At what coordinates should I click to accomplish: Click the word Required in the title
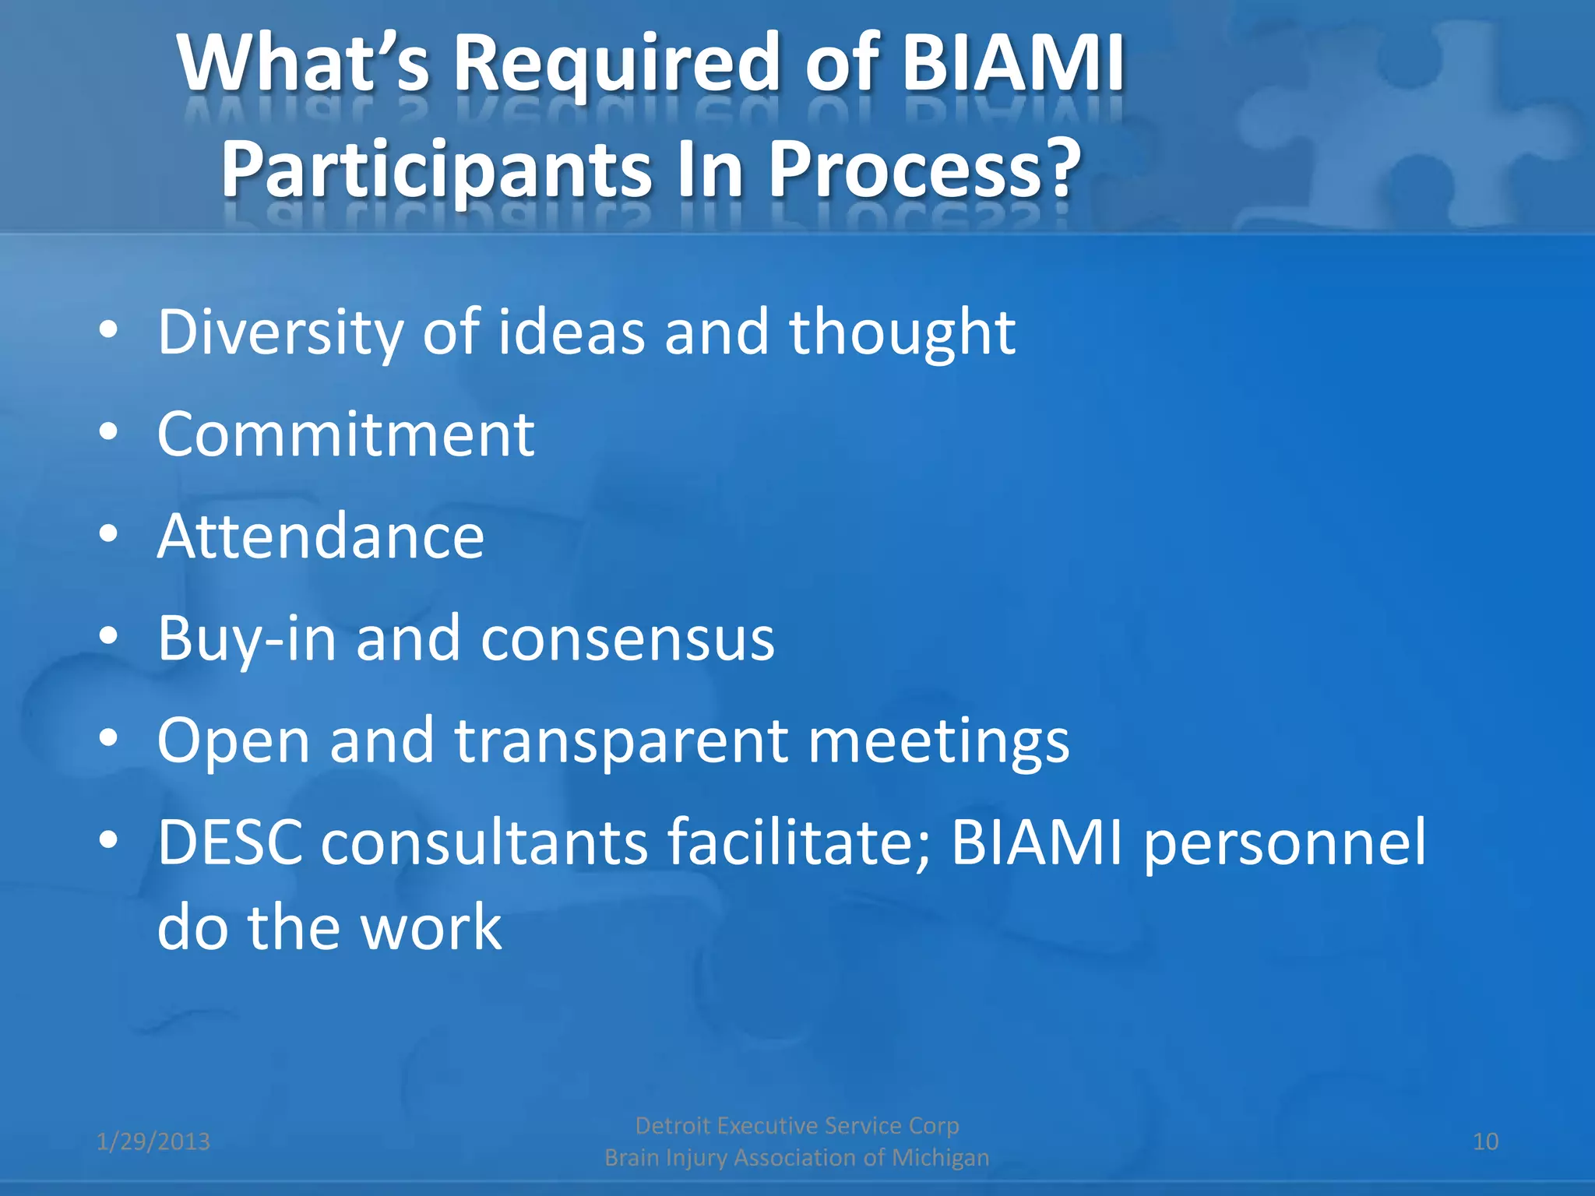tap(615, 64)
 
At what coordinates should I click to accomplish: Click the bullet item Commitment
tap(345, 434)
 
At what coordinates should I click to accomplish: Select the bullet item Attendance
tap(320, 536)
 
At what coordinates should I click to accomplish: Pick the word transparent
tap(621, 741)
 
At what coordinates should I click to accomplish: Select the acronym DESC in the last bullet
tap(230, 842)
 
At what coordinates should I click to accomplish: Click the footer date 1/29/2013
tap(153, 1142)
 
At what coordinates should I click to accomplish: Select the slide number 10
tap(1485, 1142)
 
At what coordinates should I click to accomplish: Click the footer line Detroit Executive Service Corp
tap(797, 1126)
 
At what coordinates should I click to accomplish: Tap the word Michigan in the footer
tap(940, 1158)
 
